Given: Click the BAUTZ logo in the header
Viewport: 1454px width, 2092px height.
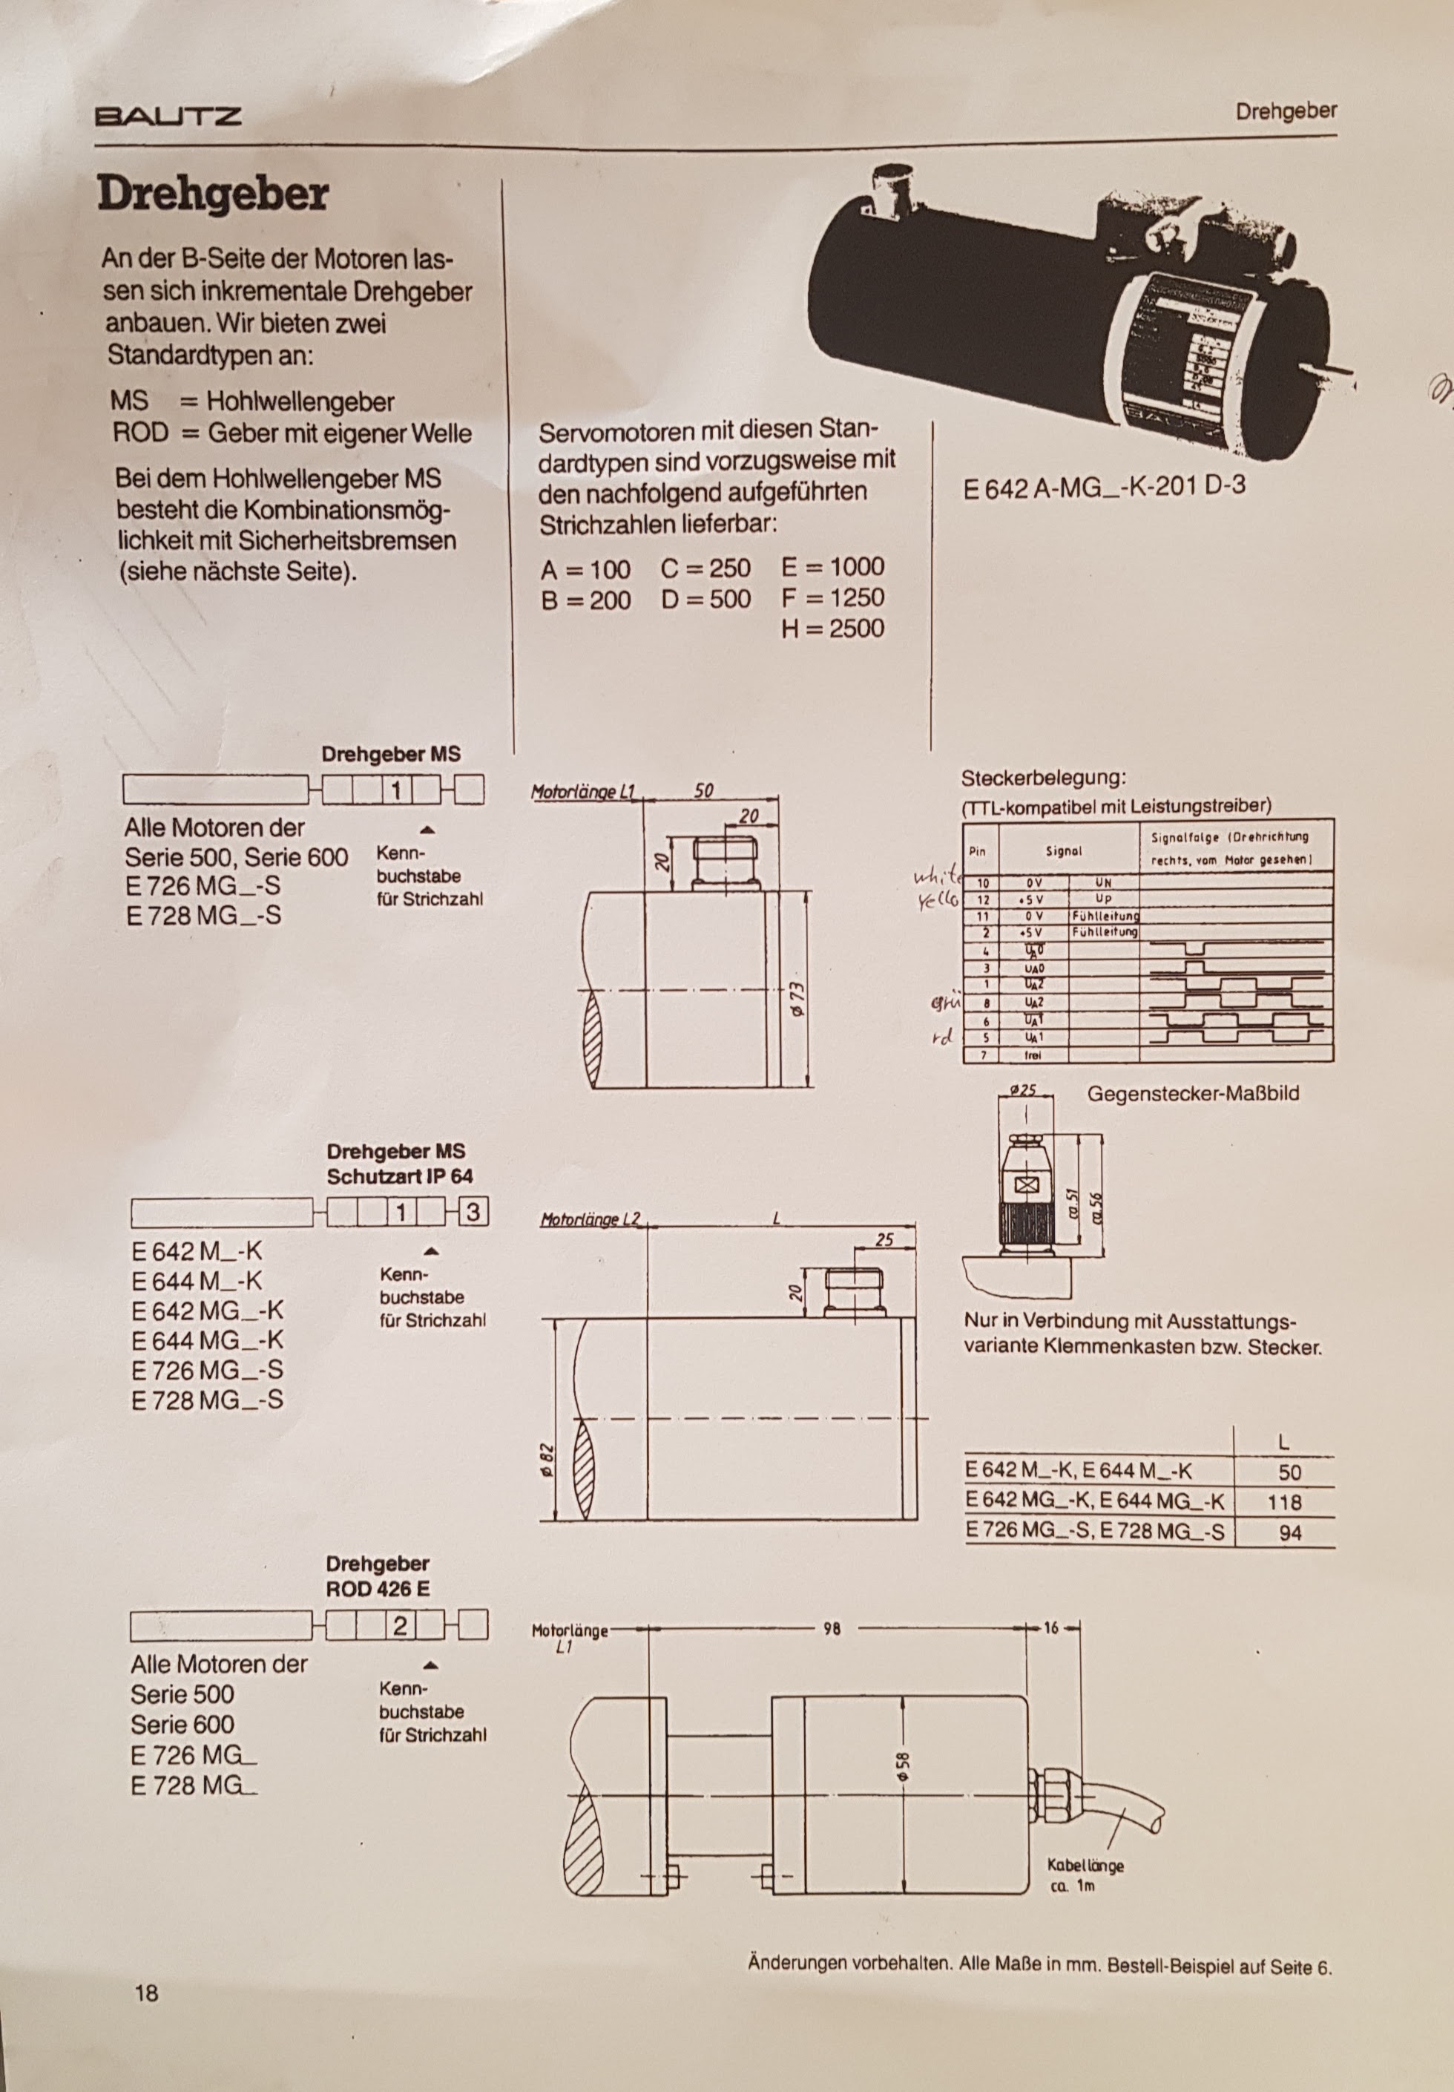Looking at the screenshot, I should pyautogui.click(x=168, y=116).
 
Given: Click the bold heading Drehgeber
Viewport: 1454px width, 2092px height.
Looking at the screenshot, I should pyautogui.click(x=212, y=194).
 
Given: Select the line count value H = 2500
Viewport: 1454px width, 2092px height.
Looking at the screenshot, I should pyautogui.click(x=832, y=628).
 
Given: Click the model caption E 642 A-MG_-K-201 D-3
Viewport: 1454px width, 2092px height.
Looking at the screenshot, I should pyautogui.click(x=1104, y=485).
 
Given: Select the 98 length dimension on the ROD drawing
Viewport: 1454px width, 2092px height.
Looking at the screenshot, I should pyautogui.click(x=831, y=1627).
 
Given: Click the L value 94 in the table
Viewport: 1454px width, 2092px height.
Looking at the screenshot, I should pyautogui.click(x=1290, y=1532).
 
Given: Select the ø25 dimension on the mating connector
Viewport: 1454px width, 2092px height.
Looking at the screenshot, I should pyautogui.click(x=1025, y=1089).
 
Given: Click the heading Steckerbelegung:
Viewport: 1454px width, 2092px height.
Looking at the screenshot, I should pyautogui.click(x=1044, y=779).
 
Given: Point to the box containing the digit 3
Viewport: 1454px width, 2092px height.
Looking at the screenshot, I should pyautogui.click(x=473, y=1212).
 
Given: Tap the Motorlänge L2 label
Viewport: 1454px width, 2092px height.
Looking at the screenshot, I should pyautogui.click(x=591, y=1219).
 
